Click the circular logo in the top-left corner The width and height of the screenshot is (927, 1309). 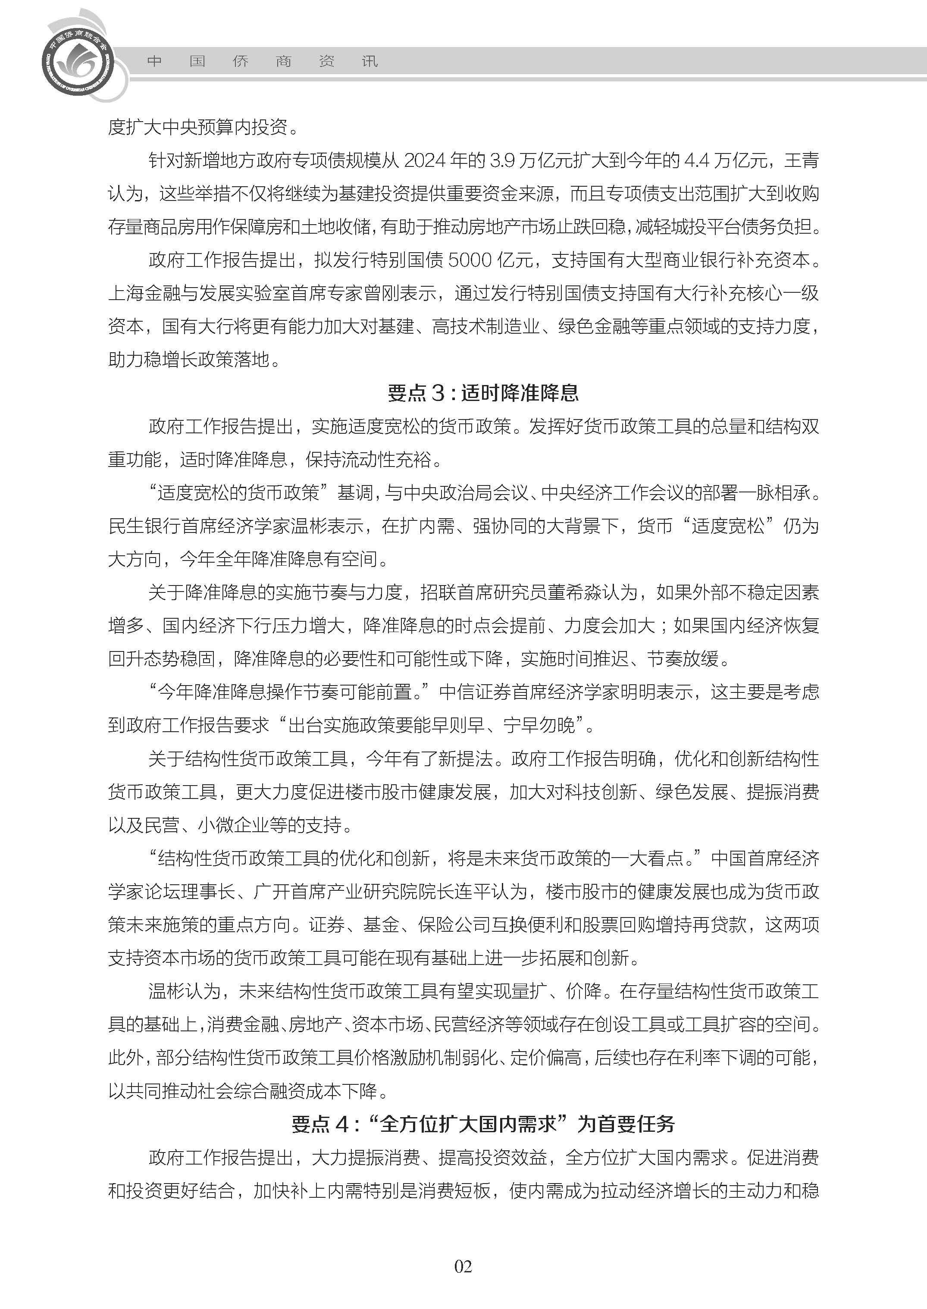78,60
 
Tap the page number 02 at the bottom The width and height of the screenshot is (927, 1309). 463,1282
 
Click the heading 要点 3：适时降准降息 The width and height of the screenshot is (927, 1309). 483,393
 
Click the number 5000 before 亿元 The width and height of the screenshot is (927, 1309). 470,260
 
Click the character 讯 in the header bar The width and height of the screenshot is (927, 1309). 370,61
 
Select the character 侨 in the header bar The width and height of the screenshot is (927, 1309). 240,61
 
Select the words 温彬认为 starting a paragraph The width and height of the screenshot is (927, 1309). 184,991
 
